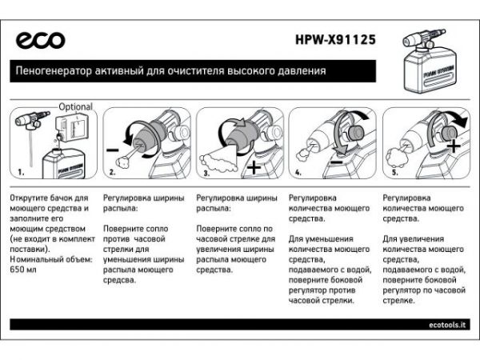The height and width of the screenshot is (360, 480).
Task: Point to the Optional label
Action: pos(75,106)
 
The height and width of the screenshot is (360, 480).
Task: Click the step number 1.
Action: pos(22,171)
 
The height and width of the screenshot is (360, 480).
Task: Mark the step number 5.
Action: pos(393,171)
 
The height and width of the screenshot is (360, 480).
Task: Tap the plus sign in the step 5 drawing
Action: pos(454,145)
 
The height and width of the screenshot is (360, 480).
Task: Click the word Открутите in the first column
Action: pos(30,196)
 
